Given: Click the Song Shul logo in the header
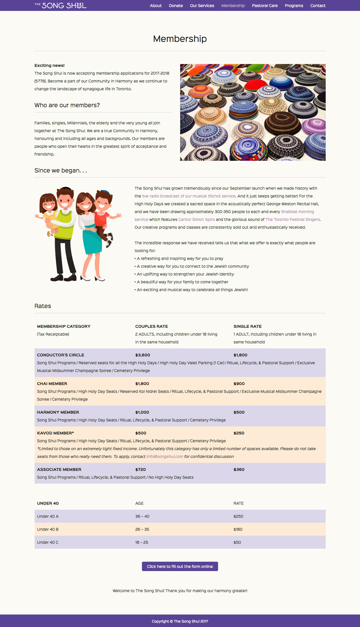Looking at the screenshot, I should tap(61, 5).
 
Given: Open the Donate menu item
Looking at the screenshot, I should tap(176, 5).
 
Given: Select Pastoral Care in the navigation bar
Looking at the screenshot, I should tap(265, 5).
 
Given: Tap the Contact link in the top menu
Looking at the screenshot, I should tap(318, 5).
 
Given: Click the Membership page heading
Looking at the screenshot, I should tap(180, 39).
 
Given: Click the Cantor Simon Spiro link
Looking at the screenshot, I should tap(197, 220).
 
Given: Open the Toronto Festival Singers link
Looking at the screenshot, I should tap(292, 220).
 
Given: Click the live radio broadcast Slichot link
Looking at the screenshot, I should tap(189, 196).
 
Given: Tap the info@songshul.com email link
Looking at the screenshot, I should tap(165, 457).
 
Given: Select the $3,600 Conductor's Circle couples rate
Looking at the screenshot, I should tap(143, 355).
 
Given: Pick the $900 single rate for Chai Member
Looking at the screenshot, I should tap(239, 384).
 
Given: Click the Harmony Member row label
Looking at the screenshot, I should tap(58, 412).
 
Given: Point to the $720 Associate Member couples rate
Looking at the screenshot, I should tap(141, 470).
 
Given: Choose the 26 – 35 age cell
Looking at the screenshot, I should tap(142, 529).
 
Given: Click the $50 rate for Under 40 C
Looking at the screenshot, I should tap(237, 542).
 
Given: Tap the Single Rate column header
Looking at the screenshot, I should tap(247, 327).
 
